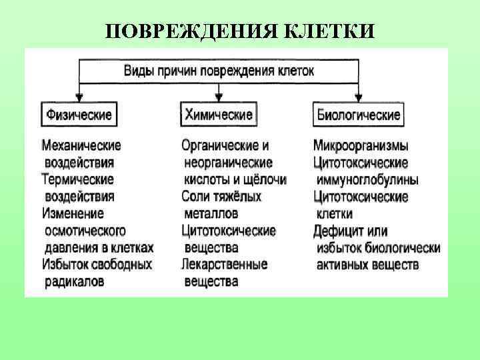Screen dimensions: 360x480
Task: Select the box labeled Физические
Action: point(79,115)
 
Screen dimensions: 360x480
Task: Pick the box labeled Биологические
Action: point(357,115)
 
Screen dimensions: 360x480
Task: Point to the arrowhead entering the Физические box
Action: point(79,97)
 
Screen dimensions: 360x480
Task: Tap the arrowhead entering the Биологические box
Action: point(358,97)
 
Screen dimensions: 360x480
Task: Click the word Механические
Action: point(81,145)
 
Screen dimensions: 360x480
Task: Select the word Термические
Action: point(77,179)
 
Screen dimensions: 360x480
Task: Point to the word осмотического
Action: point(85,231)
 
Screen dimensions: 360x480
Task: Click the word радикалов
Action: point(74,282)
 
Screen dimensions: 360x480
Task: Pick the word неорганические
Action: point(228,162)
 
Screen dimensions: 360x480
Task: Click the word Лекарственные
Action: point(224,265)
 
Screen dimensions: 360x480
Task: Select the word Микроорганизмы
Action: point(361,145)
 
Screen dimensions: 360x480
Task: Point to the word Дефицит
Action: point(337,231)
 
